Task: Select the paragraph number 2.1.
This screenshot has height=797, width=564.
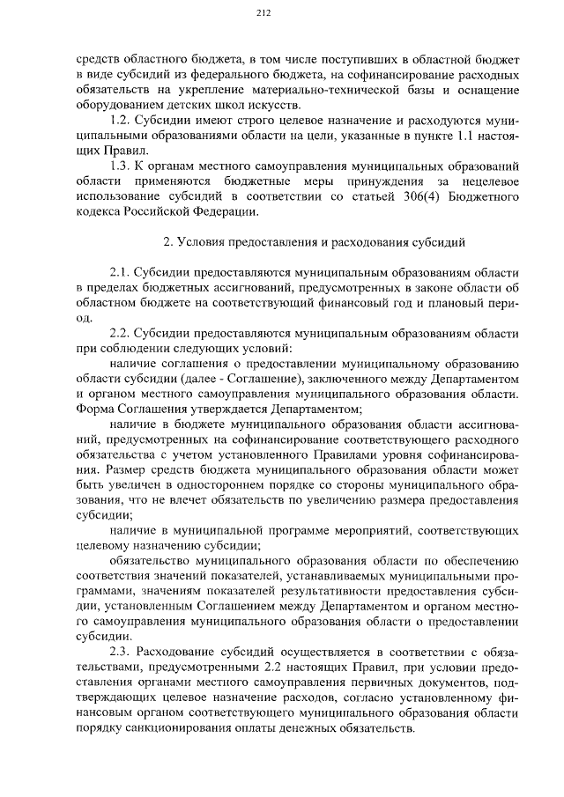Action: [x=120, y=272]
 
